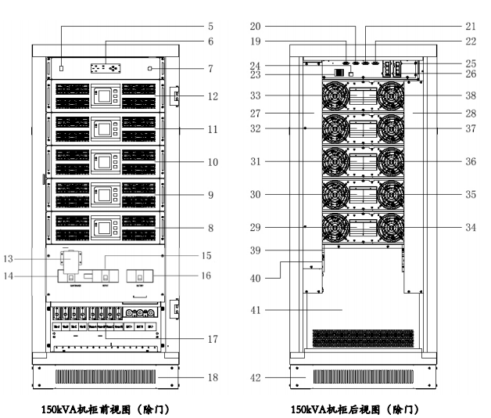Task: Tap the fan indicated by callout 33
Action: (333, 97)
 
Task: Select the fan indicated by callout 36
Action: (390, 164)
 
